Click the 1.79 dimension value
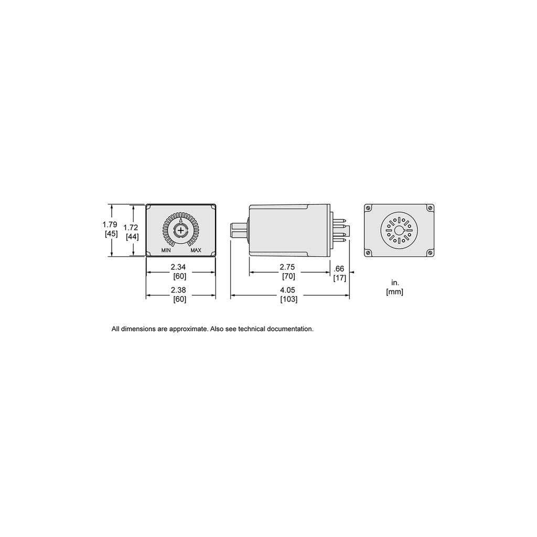pos(110,224)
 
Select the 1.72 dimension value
pos(131,228)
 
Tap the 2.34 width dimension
pos(178,267)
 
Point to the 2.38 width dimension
pos(178,290)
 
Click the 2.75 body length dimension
pos(287,267)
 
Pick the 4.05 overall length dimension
pos(288,290)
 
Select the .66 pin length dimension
pos(339,269)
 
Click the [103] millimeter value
pos(289,299)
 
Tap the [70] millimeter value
pos(288,276)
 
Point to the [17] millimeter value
pos(340,278)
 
